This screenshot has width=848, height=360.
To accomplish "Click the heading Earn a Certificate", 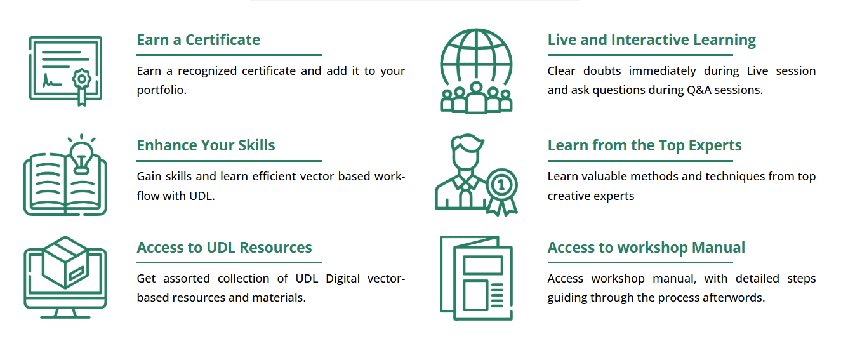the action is tap(199, 40).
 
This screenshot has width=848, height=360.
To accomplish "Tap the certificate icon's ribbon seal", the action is tap(81, 85).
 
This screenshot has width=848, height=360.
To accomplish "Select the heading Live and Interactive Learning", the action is tap(651, 41).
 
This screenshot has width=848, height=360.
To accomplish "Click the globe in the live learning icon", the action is tap(476, 57).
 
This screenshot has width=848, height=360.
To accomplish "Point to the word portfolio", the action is tap(161, 90).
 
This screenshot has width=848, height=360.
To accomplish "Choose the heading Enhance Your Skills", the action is tap(206, 145).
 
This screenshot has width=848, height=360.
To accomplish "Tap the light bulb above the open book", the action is tap(81, 155).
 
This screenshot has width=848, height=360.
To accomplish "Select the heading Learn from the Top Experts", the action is tap(644, 146).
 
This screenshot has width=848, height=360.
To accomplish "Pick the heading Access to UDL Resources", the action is tap(224, 248).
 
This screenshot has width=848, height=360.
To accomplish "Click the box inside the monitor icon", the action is tap(65, 262).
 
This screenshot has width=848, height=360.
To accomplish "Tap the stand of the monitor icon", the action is tap(65, 314).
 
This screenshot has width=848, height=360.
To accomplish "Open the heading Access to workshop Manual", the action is tap(646, 248).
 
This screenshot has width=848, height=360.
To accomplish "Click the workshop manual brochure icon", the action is tap(476, 278).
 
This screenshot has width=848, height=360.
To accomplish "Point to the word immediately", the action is tap(662, 71).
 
